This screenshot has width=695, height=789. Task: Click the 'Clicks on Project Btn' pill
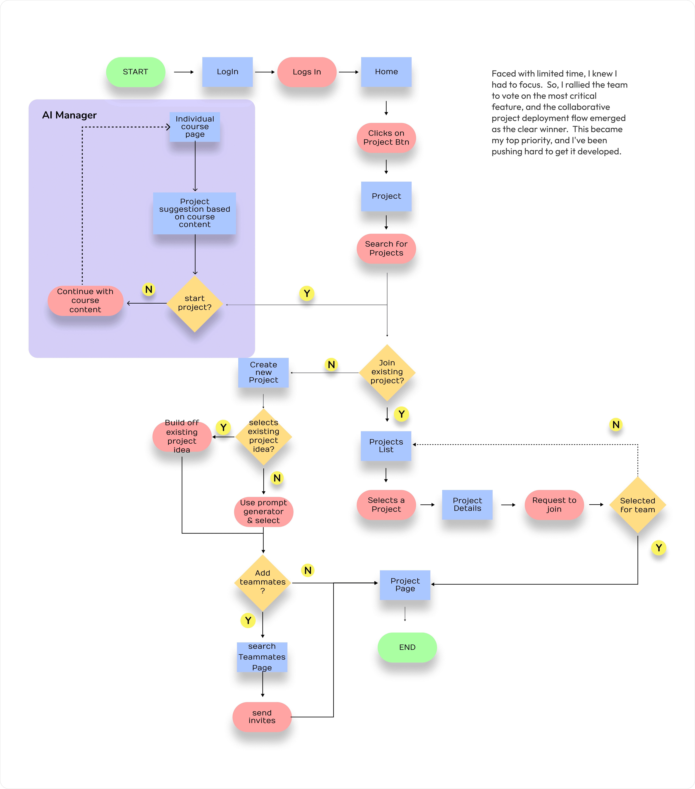pos(386,138)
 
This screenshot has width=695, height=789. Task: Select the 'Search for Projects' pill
pos(386,249)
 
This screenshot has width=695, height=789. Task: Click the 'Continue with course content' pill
pos(85,301)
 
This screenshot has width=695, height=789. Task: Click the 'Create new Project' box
pos(263,372)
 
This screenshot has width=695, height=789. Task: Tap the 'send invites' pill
pos(262,717)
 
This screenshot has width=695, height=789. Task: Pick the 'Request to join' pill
pos(554,505)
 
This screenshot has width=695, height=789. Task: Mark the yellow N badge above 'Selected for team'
pos(616,425)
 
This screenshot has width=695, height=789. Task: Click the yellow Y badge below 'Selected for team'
pos(659,548)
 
